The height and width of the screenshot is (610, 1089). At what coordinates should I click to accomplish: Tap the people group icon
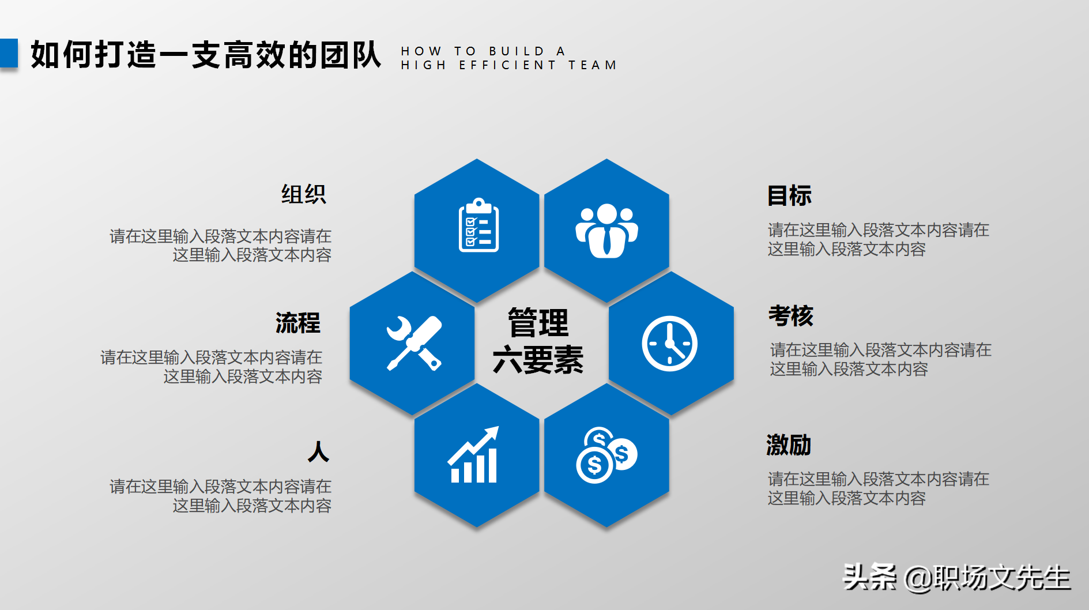click(x=606, y=230)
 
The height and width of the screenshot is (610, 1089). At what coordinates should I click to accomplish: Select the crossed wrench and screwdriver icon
click(x=413, y=343)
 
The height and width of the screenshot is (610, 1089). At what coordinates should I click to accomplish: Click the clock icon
click(x=669, y=344)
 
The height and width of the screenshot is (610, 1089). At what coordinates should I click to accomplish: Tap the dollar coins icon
click(x=606, y=455)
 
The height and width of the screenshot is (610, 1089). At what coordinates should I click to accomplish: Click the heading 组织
click(x=303, y=194)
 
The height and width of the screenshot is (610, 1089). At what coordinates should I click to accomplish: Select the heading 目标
click(x=789, y=196)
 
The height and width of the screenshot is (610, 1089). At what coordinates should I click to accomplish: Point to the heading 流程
click(x=297, y=323)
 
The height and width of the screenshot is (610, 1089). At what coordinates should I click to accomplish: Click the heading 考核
click(x=790, y=316)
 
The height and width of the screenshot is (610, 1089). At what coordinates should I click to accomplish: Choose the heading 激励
click(x=789, y=445)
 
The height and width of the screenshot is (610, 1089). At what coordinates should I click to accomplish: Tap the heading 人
click(x=318, y=451)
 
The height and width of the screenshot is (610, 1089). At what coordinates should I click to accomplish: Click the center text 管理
click(x=538, y=323)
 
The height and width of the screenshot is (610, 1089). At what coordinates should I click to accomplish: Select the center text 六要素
click(x=538, y=360)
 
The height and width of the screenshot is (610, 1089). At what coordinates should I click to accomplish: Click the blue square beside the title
click(x=9, y=53)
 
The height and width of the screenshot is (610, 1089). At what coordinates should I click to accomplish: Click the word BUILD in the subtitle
click(x=517, y=51)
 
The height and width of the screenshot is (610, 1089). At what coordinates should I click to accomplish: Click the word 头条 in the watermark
click(x=869, y=577)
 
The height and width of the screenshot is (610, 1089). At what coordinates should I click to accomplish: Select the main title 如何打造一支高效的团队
click(x=206, y=55)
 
